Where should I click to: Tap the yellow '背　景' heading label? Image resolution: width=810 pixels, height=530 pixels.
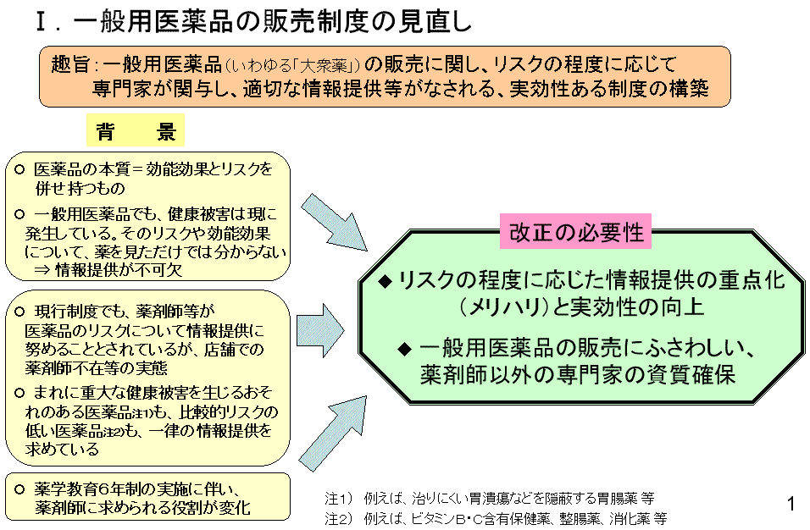[135, 131]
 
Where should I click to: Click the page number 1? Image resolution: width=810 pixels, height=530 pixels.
[791, 505]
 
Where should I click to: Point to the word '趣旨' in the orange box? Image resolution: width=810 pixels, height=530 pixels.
[70, 64]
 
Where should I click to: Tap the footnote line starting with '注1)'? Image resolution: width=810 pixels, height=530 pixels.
[489, 498]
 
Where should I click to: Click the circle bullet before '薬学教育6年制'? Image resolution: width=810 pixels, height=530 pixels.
[20, 489]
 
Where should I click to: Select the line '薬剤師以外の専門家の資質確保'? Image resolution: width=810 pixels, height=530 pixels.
[577, 374]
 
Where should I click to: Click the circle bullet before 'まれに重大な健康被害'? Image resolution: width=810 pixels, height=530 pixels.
[20, 392]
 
